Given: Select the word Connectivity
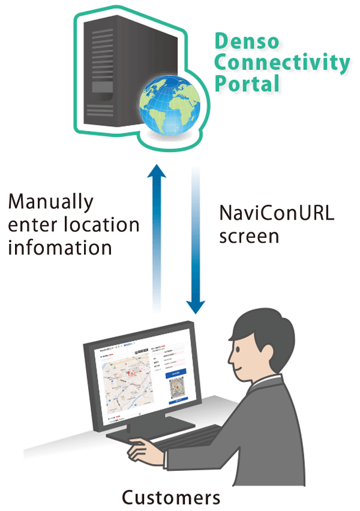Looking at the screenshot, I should [282, 62].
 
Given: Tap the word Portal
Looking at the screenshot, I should [247, 83].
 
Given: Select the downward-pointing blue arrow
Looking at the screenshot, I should [195, 240].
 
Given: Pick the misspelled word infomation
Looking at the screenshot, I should [60, 247].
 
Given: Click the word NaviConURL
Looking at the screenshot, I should [276, 213].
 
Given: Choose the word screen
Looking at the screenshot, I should [249, 236].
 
